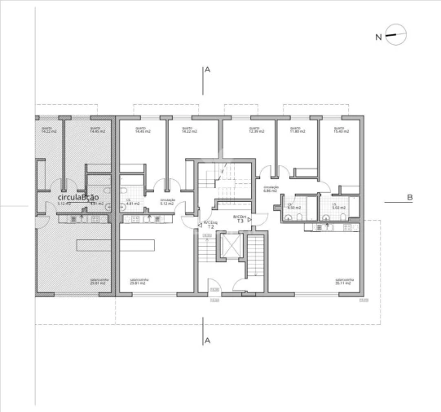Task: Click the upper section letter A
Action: coord(208,71)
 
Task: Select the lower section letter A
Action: coord(208,339)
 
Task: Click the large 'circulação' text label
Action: coord(82,196)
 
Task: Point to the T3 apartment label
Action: coord(240,219)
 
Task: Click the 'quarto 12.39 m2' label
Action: coord(255,129)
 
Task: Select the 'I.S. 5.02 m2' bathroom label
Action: coord(336,206)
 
